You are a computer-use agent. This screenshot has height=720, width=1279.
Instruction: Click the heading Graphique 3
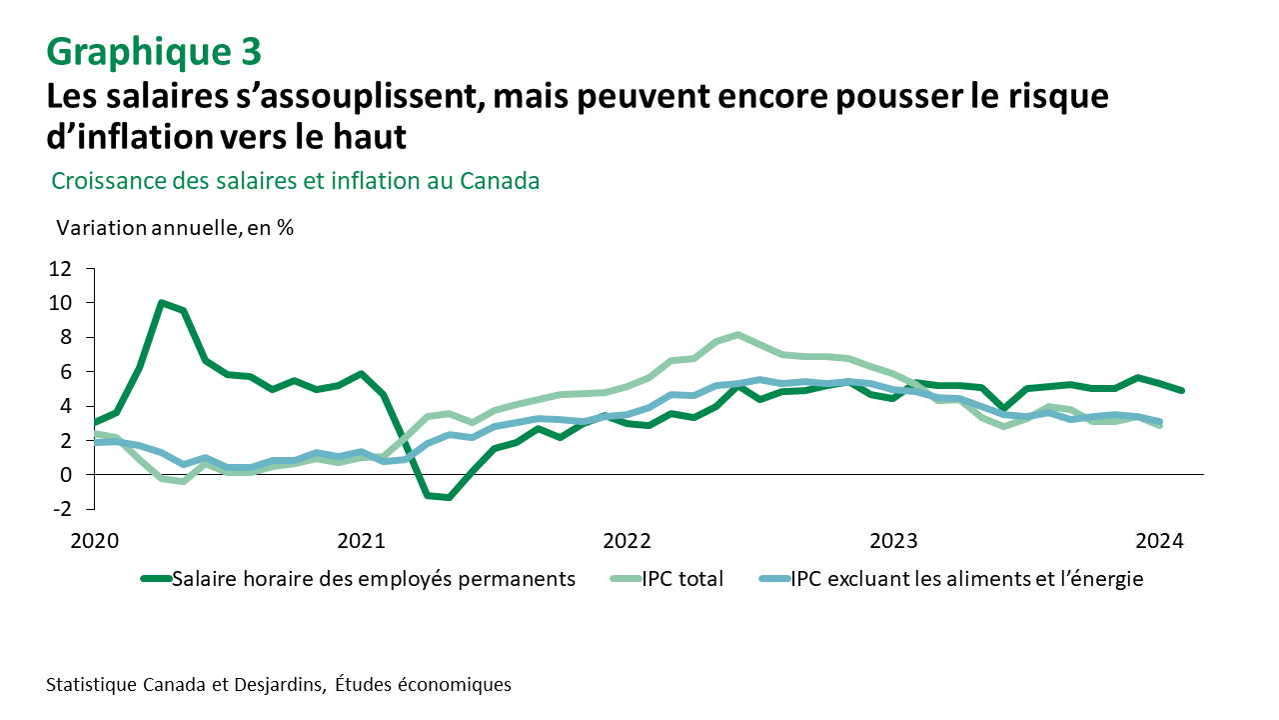click(x=154, y=50)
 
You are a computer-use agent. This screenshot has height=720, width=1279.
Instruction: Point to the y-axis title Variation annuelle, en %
click(x=175, y=227)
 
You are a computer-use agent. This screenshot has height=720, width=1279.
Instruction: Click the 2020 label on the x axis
click(x=95, y=541)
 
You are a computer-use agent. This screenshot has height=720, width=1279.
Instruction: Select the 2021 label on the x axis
click(x=361, y=541)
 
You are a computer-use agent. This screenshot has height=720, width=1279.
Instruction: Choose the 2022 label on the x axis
click(x=627, y=541)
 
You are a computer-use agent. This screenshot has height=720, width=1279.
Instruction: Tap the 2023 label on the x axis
click(x=893, y=541)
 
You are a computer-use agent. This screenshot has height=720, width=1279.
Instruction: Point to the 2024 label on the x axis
click(x=1159, y=541)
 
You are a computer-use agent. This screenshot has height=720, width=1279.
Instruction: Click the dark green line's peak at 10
click(x=161, y=302)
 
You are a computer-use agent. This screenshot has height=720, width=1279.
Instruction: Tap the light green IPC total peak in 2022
click(x=737, y=334)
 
